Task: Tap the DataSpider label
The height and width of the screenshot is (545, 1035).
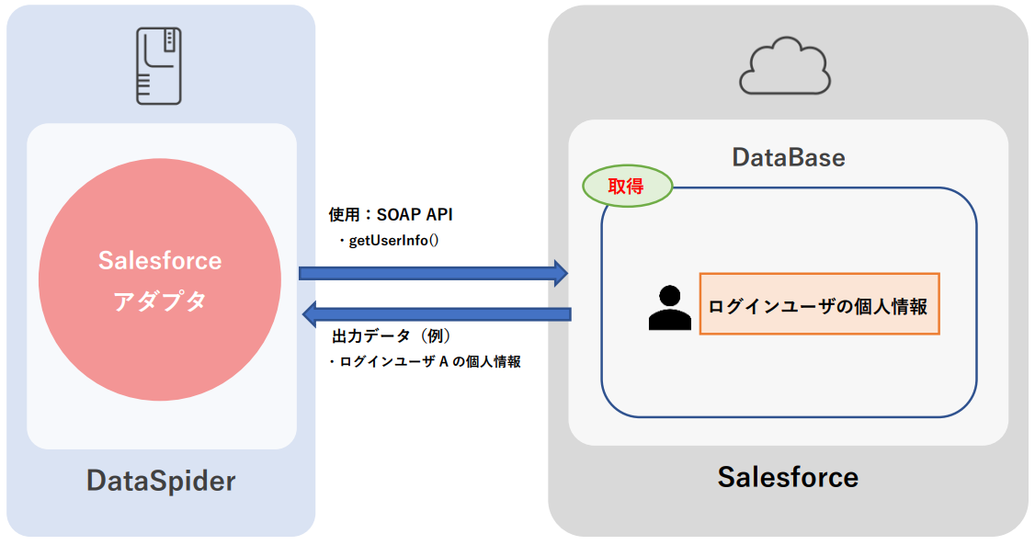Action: pos(161,481)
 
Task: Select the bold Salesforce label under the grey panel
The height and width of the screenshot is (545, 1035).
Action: pos(788,477)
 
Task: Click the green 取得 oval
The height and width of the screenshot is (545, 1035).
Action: pos(627,186)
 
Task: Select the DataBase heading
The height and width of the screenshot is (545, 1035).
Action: pos(788,157)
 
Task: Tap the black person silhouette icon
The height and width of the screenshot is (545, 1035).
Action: pos(669,308)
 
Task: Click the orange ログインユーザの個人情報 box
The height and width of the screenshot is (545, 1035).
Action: pos(819,303)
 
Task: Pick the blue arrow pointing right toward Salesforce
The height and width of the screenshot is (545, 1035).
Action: pos(432,272)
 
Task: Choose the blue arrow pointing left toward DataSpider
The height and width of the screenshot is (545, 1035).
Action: pos(438,313)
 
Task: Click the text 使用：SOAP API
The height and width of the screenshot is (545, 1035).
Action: pos(391,215)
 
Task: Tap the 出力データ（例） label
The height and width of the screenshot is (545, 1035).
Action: pos(391,336)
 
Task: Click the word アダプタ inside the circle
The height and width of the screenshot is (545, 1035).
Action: pos(160,301)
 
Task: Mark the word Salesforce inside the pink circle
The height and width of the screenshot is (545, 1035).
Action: pos(160,261)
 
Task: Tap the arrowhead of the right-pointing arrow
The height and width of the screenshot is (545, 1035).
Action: pos(559,272)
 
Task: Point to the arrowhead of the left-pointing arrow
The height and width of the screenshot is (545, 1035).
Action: pos(311,313)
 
